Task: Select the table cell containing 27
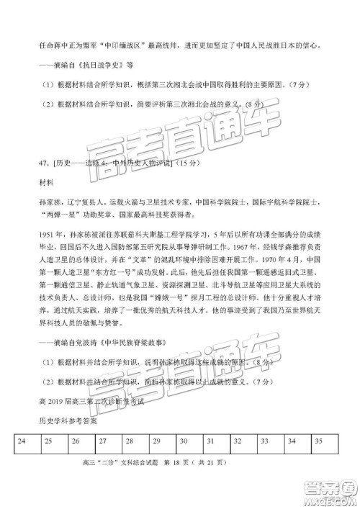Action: [x=103, y=440]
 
